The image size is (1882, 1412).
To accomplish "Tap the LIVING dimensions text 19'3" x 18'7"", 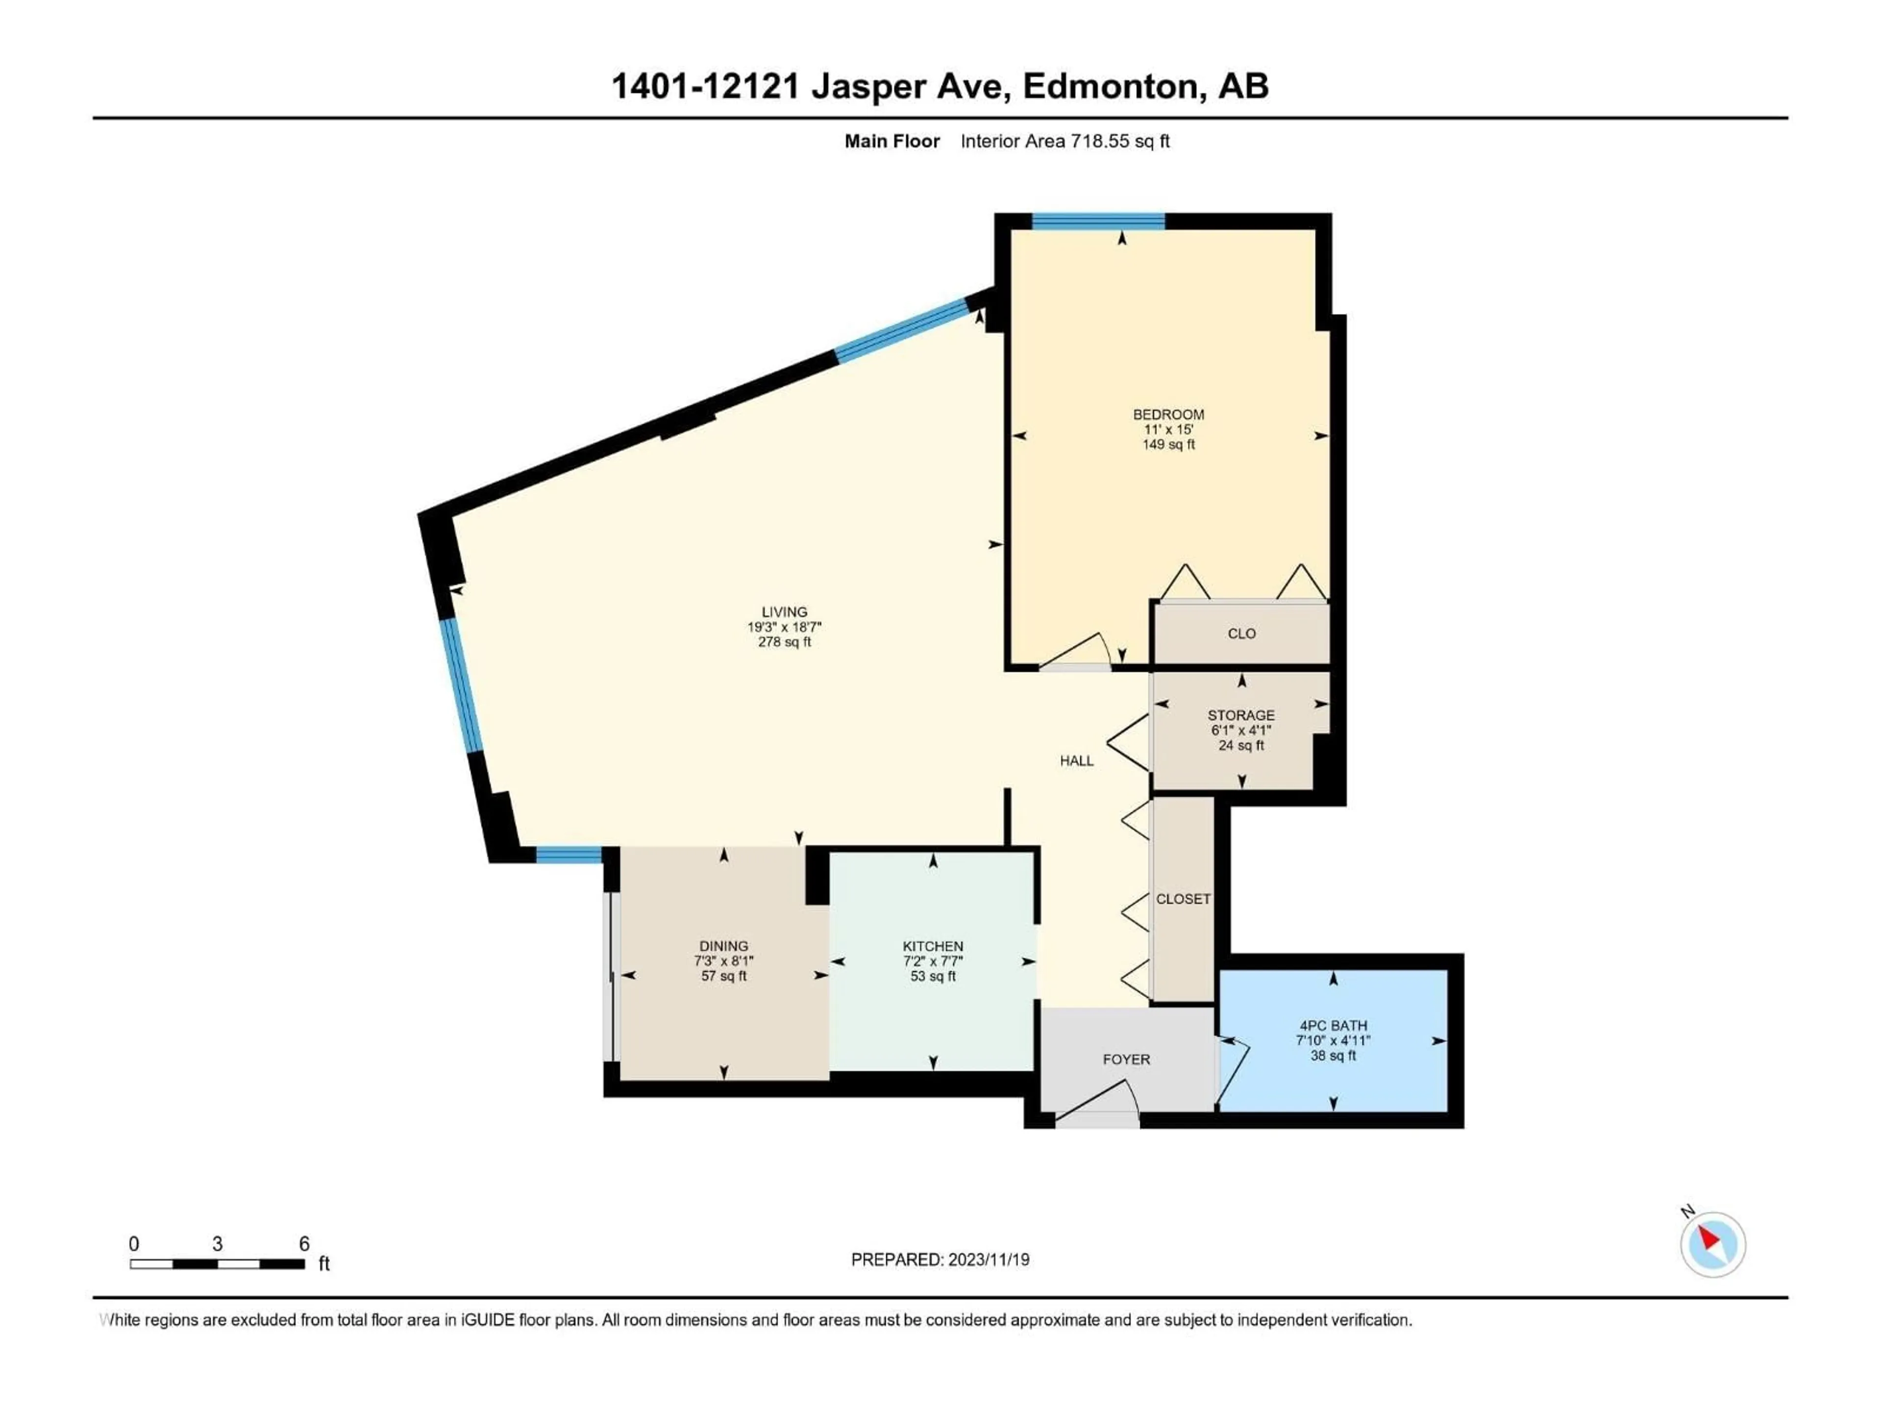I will pyautogui.click(x=784, y=627).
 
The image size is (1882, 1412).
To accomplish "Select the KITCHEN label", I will pyautogui.click(x=933, y=946).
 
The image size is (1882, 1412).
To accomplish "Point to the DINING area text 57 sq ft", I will pyautogui.click(x=723, y=976).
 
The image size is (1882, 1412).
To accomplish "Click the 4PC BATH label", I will pyautogui.click(x=1333, y=1026).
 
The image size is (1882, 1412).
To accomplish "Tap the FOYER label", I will pyautogui.click(x=1126, y=1059).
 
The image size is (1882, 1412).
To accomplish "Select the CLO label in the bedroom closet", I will pyautogui.click(x=1241, y=633).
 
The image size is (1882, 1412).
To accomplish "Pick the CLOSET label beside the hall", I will pyautogui.click(x=1183, y=899).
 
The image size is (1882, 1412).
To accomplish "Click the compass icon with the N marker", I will pyautogui.click(x=1712, y=1244).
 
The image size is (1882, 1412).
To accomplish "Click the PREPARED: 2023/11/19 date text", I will pyautogui.click(x=940, y=1260).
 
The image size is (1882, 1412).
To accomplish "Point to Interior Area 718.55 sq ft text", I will pyautogui.click(x=1065, y=141).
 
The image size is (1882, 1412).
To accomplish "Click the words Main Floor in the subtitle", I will pyautogui.click(x=891, y=141).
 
